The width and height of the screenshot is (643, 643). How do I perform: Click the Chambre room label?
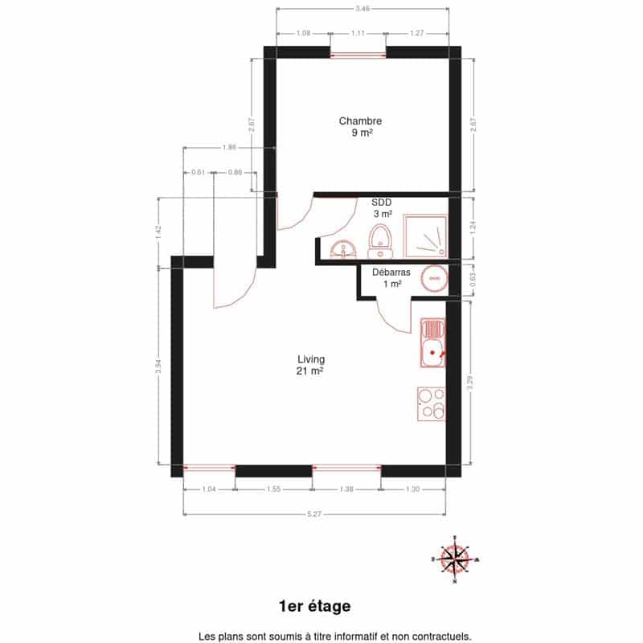point(360,121)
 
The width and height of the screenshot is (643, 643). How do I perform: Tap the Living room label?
point(311,359)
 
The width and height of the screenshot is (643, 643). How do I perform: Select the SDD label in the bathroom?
point(381,203)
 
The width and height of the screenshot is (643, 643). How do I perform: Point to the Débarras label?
point(391,272)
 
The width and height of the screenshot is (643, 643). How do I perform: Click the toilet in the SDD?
point(381,240)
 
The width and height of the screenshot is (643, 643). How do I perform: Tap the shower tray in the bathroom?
point(425,236)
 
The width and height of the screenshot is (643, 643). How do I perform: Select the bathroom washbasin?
point(343,249)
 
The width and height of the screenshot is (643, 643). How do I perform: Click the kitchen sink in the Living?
point(432,343)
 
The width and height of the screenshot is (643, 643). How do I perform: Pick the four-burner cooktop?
point(431,404)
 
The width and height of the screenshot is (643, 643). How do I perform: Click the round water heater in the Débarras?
point(434,278)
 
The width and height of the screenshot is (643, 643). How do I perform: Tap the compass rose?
point(455,559)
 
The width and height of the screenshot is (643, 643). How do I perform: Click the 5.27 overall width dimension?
point(314,514)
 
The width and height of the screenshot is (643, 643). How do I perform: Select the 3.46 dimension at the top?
point(362,8)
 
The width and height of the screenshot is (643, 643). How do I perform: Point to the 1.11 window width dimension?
point(358,33)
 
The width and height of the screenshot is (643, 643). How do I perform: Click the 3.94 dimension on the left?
point(158,367)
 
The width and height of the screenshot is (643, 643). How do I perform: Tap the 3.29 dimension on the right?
point(470,383)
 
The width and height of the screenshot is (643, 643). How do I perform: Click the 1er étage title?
point(314,606)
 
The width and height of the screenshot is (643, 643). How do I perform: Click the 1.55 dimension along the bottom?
point(273,489)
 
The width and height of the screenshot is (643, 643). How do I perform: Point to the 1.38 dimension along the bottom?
point(346,489)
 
